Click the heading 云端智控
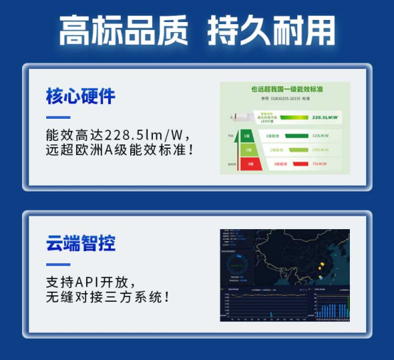(80, 244)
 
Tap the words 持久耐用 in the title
(271, 31)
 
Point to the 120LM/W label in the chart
(319, 134)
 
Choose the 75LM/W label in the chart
(319, 164)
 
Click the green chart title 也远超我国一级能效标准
(285, 89)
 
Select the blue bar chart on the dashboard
(331, 308)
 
